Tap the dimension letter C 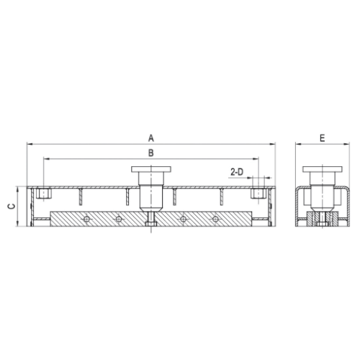click(x=9, y=206)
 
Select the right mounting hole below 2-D click(x=256, y=194)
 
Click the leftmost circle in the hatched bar click(x=86, y=217)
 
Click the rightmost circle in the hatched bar click(x=214, y=217)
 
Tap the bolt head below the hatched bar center click(x=150, y=229)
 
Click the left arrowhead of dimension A click(x=30, y=144)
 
